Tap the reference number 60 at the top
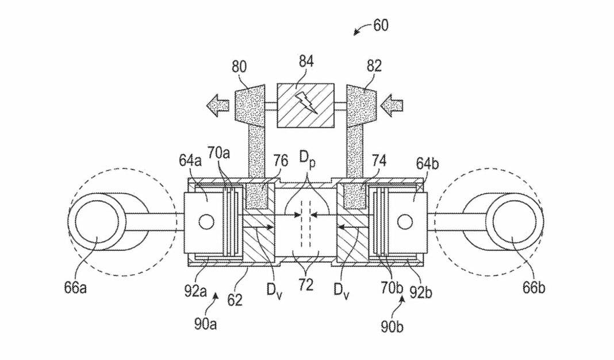pos(381,25)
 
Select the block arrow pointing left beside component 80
pos(218,106)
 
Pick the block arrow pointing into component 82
pos(392,106)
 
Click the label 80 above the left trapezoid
pos(239,67)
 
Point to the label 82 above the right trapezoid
pos(374,66)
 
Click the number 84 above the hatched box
pos(306,62)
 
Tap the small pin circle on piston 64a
pos(206,223)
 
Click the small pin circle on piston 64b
pos(405,223)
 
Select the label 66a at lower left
pos(75,288)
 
